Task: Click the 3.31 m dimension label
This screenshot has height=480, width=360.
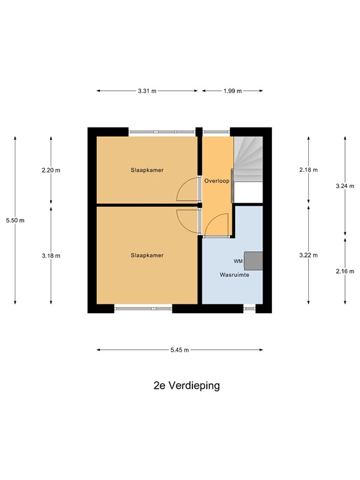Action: (x=147, y=91)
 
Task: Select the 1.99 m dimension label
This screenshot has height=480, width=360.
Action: (x=232, y=91)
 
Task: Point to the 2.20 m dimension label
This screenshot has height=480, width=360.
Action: (x=51, y=170)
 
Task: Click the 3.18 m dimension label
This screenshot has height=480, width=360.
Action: (x=51, y=256)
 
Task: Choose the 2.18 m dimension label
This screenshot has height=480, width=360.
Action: (x=308, y=170)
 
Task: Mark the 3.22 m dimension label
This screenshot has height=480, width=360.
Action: (x=308, y=255)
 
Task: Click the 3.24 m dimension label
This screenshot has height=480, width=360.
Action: (x=345, y=186)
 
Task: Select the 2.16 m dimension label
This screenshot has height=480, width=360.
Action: (x=345, y=271)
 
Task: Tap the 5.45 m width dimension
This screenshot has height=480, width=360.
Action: (x=180, y=350)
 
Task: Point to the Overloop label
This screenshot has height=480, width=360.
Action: (x=217, y=181)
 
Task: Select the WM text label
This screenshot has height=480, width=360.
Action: (x=237, y=261)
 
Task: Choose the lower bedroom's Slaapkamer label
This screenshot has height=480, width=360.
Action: (x=147, y=255)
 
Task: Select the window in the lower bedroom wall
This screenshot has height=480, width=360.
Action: (x=143, y=307)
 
